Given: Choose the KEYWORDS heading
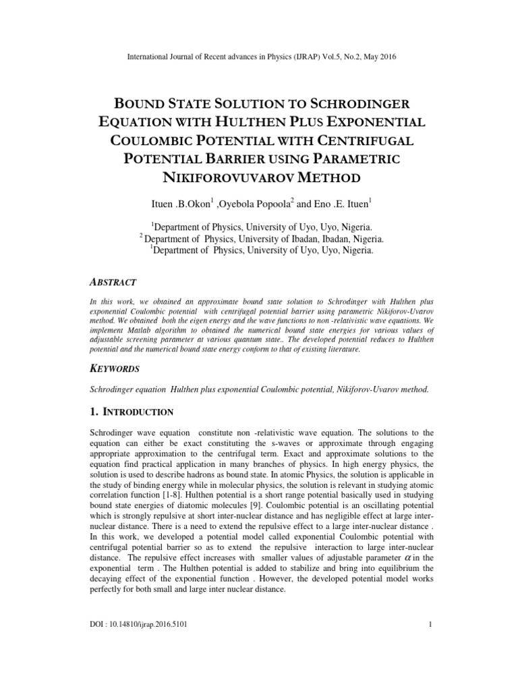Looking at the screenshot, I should (x=115, y=369).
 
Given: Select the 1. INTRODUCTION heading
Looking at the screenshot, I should (x=132, y=412).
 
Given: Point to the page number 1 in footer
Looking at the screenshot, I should (x=430, y=624).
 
